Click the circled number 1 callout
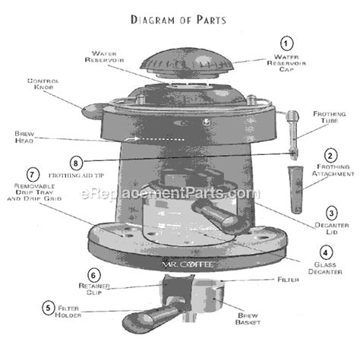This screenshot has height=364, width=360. (286, 43)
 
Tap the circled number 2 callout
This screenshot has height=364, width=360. (330, 156)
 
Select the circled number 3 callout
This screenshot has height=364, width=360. (331, 214)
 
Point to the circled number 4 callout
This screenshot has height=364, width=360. (326, 252)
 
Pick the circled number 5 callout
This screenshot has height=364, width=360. (48, 308)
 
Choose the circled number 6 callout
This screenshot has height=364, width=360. (93, 275)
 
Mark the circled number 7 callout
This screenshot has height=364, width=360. (33, 175)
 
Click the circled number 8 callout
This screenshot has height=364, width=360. (76, 163)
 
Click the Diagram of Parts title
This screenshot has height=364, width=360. (178, 20)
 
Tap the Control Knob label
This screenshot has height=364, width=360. (43, 84)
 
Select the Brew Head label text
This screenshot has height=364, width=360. (24, 137)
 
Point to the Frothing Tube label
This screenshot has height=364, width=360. (330, 117)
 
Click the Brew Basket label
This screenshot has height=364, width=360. (248, 319)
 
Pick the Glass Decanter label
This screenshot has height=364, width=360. (325, 268)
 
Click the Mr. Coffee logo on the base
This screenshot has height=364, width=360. (188, 264)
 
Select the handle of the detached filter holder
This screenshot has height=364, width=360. (150, 318)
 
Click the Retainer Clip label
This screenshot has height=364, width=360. (94, 289)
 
